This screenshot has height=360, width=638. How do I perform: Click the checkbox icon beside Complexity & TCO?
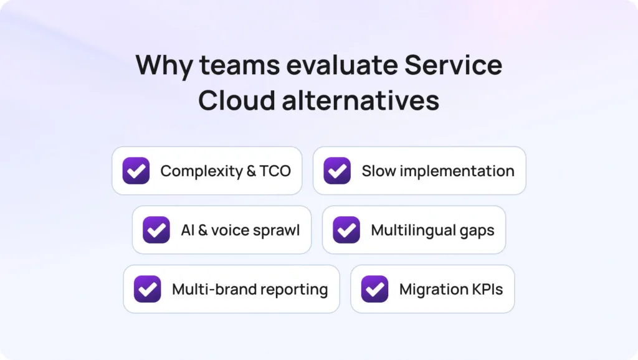click(x=136, y=171)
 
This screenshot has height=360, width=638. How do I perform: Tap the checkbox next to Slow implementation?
click(x=337, y=171)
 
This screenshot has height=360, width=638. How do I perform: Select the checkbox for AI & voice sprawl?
click(x=156, y=230)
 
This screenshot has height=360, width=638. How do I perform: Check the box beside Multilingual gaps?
click(x=346, y=230)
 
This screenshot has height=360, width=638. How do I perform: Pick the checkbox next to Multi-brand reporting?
click(x=148, y=289)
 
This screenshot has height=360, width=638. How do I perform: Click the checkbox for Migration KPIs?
click(x=375, y=289)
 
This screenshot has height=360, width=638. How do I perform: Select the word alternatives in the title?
click(x=360, y=100)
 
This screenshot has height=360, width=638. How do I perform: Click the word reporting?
click(x=294, y=290)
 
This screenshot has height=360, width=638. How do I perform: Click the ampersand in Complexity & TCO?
click(x=250, y=171)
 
